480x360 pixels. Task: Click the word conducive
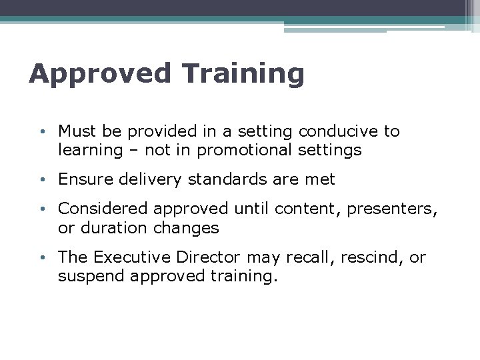pos(342,131)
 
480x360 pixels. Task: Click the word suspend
pos(87,275)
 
